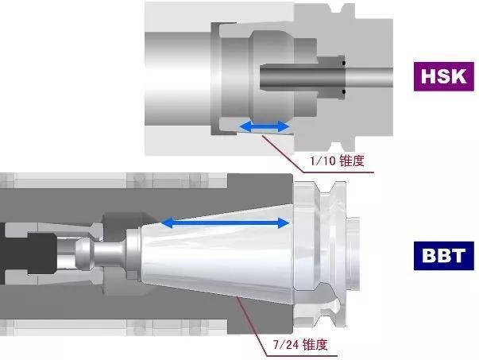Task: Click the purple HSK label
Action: (443, 76)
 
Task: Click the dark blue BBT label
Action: (443, 255)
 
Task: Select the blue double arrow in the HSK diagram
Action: (265, 126)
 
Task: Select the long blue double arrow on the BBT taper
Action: (225, 223)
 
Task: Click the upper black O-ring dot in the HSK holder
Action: (344, 64)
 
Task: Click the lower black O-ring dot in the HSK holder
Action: (344, 91)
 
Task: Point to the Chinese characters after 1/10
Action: (352, 161)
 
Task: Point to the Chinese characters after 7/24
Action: (315, 345)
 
